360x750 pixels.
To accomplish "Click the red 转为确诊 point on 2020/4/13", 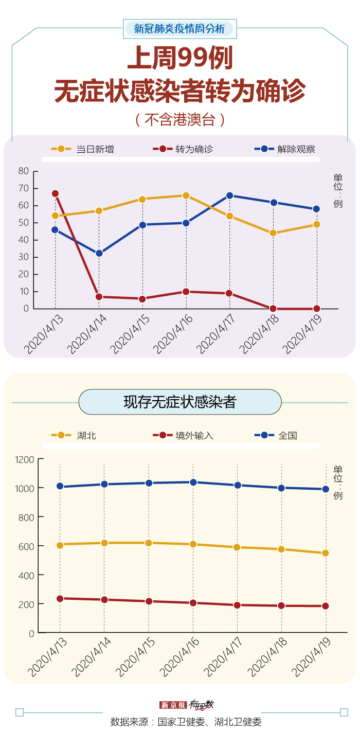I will click(55, 194).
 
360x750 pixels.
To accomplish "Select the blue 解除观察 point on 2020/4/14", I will click(99, 254).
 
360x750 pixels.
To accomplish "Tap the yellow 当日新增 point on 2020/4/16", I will click(186, 195).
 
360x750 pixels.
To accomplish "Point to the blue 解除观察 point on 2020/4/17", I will click(229, 195).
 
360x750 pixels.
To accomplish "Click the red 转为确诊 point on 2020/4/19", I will click(317, 309).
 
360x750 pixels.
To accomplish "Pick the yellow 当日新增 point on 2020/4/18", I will click(273, 233).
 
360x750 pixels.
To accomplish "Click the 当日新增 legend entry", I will click(83, 149).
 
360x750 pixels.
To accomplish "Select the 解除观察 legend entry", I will click(285, 149).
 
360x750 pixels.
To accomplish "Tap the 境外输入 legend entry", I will click(183, 435).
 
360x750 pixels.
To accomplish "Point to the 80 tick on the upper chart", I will click(23, 171).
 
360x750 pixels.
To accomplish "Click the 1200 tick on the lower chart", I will click(25, 459).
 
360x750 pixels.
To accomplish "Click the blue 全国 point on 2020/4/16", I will click(193, 483).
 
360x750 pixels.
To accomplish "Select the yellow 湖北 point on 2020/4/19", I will click(326, 553).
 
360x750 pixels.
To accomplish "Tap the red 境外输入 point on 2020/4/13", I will click(60, 599).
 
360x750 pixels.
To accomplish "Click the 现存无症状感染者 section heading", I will click(179, 402).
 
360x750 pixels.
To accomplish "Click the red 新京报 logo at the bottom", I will click(172, 705).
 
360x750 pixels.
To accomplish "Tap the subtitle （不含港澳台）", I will click(179, 120).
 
